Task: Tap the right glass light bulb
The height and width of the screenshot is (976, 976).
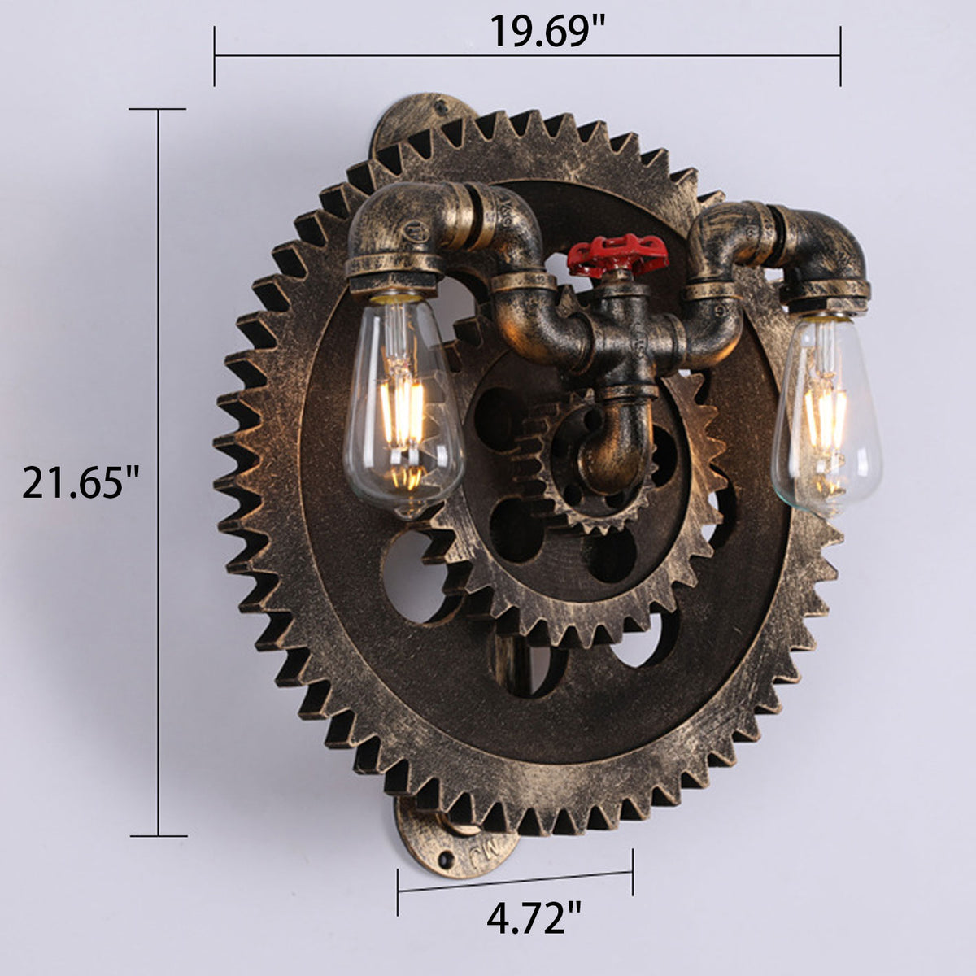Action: click(826, 416)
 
